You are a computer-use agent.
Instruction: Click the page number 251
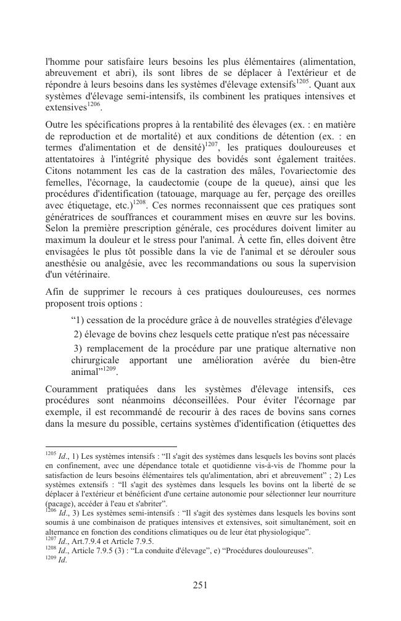[x=200, y=585]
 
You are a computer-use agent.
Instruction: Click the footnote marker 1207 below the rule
[x=51, y=540]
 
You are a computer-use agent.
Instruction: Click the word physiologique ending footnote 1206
[x=283, y=532]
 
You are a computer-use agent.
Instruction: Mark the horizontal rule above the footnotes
[x=111, y=446]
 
